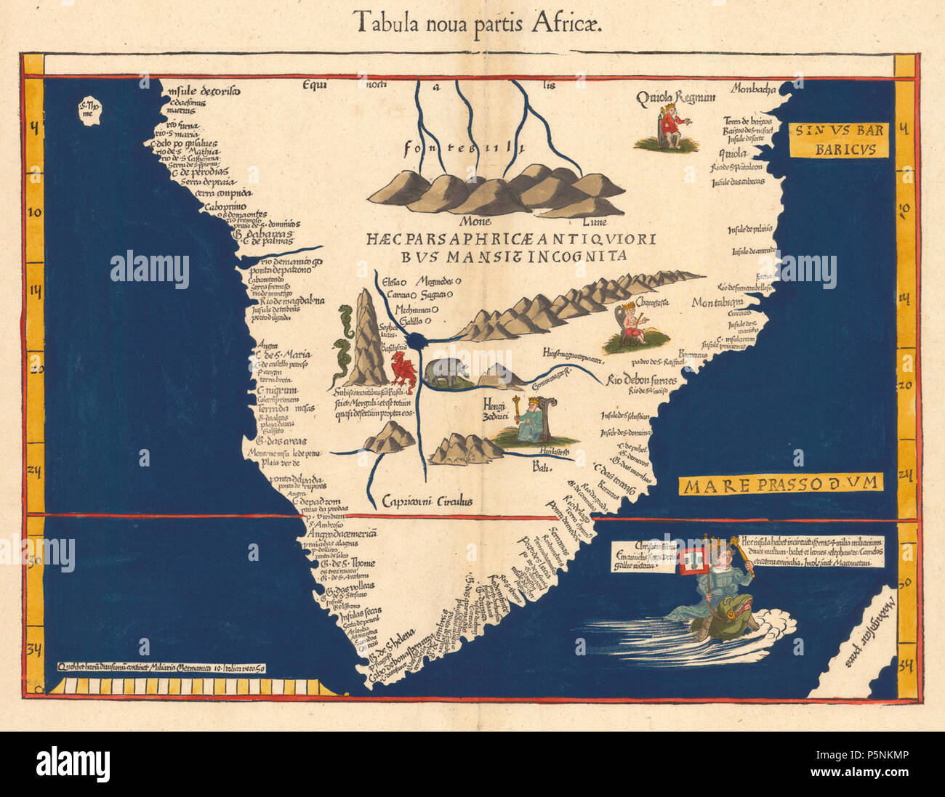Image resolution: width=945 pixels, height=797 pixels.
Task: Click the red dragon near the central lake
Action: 401,371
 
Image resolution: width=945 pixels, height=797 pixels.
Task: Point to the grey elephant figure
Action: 445,372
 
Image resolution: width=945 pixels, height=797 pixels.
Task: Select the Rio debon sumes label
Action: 641,380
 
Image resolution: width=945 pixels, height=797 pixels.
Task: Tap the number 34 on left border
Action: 34,649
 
